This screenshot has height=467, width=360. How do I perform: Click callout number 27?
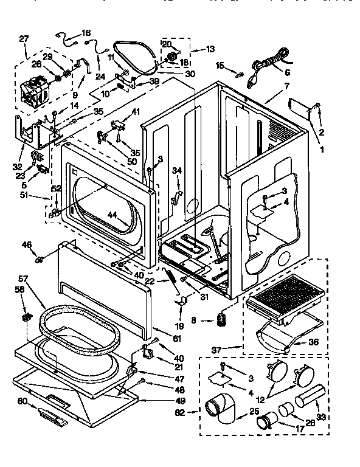tap(24, 39)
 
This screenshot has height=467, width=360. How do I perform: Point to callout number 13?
tap(210, 49)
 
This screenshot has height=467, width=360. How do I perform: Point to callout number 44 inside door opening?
tap(112, 215)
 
